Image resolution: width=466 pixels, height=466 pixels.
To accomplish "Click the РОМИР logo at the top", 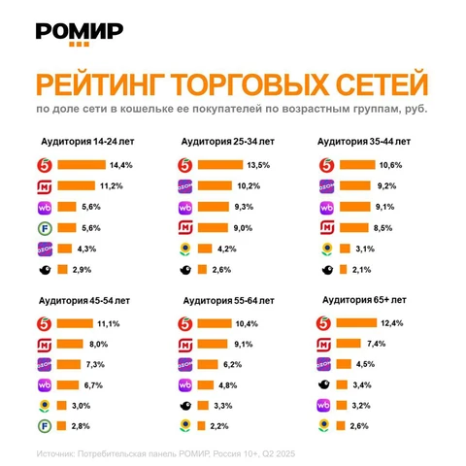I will pos(79,31).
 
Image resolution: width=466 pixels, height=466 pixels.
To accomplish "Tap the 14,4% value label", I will pos(121,165).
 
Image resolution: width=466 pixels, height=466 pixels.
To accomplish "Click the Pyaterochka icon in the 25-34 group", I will pos(184,165).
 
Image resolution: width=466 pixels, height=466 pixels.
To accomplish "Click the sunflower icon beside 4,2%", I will pos(184,248).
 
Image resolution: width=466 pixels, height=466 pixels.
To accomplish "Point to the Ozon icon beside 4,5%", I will pos(326,364).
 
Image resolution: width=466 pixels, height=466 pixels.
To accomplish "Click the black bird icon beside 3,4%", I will pos(326,384).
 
